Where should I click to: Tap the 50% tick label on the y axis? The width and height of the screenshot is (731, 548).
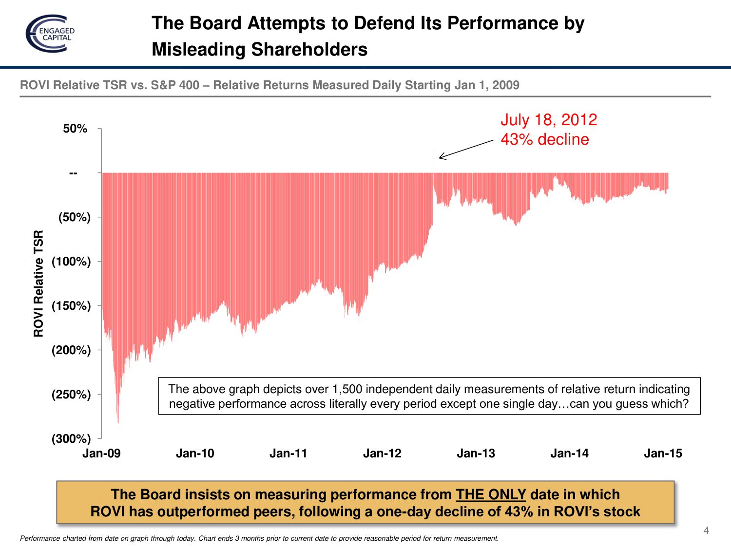pyautogui.click(x=75, y=129)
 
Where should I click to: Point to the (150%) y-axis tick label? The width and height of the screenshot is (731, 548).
pyautogui.click(x=71, y=306)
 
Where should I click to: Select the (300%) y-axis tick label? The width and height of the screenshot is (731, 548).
pyautogui.click(x=71, y=439)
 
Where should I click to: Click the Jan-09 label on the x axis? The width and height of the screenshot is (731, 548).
pyautogui.click(x=101, y=454)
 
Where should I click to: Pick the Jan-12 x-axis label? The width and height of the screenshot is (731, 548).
pyautogui.click(x=382, y=454)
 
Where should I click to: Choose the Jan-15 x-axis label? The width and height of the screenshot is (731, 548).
pyautogui.click(x=663, y=454)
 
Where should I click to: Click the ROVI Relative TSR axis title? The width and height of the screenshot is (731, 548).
pyautogui.click(x=38, y=283)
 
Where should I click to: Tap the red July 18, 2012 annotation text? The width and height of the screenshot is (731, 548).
pyautogui.click(x=549, y=120)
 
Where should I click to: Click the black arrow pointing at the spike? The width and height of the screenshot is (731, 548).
pyautogui.click(x=466, y=149)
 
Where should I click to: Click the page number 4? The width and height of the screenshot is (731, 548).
pyautogui.click(x=706, y=530)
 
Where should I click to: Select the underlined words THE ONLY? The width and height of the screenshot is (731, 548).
pyautogui.click(x=491, y=494)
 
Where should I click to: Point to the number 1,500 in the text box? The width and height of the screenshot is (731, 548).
pyautogui.click(x=347, y=389)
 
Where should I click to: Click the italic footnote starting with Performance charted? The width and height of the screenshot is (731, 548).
pyautogui.click(x=259, y=538)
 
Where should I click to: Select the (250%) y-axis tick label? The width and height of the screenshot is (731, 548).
pyautogui.click(x=71, y=395)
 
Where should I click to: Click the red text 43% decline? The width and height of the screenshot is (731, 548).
pyautogui.click(x=545, y=139)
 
